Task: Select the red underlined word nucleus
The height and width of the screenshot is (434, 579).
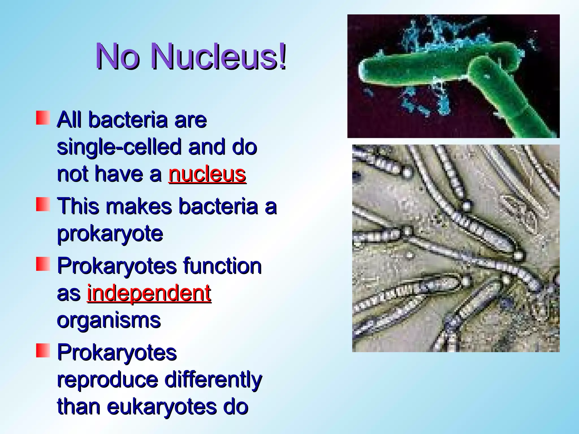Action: pyautogui.click(x=207, y=174)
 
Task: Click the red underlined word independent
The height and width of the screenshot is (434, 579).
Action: pyautogui.click(x=149, y=293)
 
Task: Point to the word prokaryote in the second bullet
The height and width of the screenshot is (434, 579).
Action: pyautogui.click(x=110, y=234)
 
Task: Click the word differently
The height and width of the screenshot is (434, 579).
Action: pyautogui.click(x=213, y=379)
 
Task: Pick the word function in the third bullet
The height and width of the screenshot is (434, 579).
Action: pyautogui.click(x=222, y=266)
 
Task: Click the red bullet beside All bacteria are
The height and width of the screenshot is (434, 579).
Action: pyautogui.click(x=43, y=118)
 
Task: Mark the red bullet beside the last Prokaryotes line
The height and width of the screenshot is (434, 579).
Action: pyautogui.click(x=43, y=350)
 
